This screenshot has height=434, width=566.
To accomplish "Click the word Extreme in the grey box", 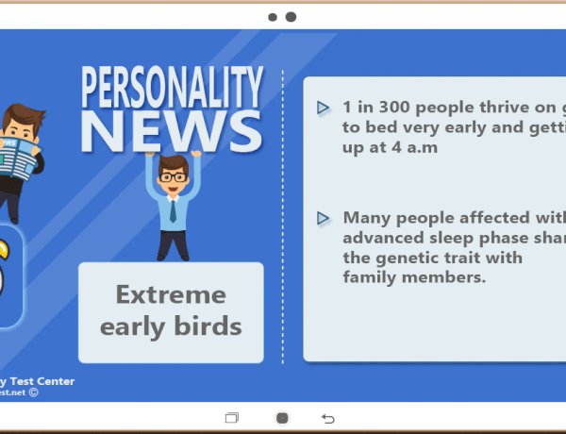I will [171, 295].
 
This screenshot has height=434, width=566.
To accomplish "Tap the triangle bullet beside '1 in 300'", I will [324, 108].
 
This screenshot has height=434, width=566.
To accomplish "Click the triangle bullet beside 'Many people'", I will [324, 218].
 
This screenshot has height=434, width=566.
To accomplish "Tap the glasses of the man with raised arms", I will [172, 176].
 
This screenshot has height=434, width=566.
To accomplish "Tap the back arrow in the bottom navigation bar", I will [328, 418].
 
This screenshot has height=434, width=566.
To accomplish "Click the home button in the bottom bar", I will [281, 418].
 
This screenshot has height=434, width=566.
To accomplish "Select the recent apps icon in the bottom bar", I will [232, 418].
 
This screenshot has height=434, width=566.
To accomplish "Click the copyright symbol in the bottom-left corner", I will [34, 392].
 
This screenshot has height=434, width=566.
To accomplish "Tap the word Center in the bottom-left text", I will [55, 381].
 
